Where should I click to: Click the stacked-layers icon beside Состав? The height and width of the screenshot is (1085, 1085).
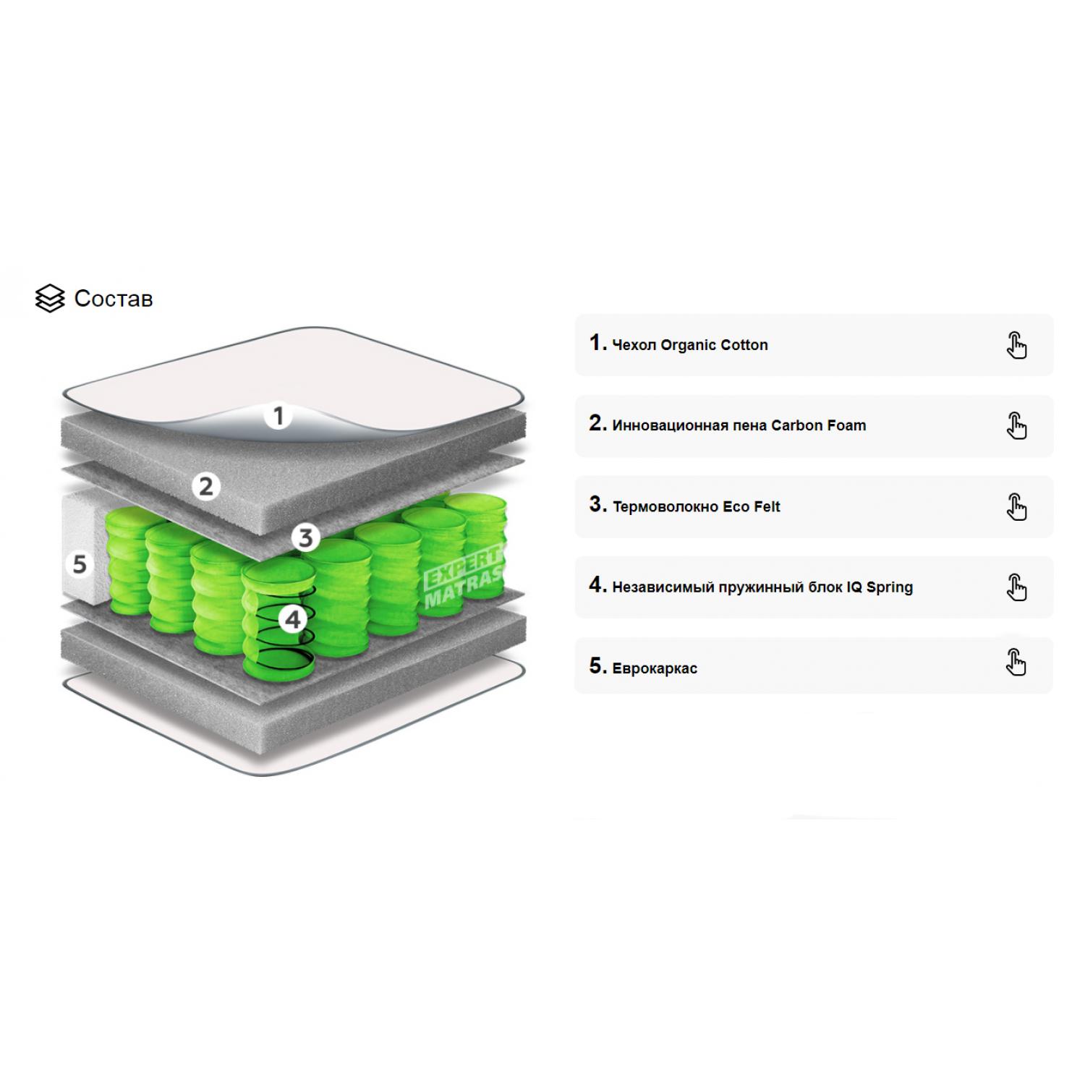(49, 299)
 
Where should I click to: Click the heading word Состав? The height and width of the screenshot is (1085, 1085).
(114, 299)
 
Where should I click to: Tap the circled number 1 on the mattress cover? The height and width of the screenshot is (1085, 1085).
(278, 416)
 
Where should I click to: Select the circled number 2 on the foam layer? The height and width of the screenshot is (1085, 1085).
(206, 486)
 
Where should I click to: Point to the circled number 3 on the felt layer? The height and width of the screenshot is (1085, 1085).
(306, 537)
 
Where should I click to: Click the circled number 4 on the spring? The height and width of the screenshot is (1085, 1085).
(293, 619)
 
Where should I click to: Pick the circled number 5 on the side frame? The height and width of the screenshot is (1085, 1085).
(80, 564)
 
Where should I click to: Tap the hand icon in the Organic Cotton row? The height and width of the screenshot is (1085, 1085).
(1016, 345)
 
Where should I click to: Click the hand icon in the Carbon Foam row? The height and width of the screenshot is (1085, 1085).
(1016, 426)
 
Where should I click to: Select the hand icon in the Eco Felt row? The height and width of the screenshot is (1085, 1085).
(1016, 506)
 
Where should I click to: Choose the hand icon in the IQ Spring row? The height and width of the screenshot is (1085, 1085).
(1016, 587)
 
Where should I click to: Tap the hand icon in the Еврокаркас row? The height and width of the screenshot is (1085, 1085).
(1016, 662)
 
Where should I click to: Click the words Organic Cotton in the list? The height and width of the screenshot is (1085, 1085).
(715, 345)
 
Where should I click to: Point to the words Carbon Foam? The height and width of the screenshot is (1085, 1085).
(819, 425)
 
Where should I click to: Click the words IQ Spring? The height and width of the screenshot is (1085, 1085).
(880, 587)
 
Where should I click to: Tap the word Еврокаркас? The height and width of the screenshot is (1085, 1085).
(655, 668)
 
